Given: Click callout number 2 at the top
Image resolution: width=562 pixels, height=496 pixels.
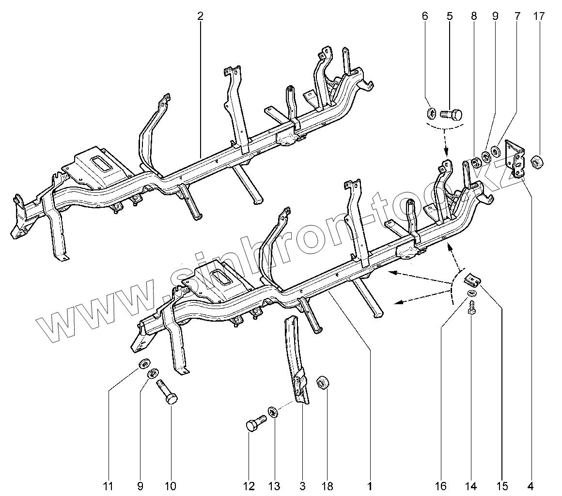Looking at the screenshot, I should click(200, 16).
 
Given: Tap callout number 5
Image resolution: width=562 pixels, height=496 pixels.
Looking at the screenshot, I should click(449, 16).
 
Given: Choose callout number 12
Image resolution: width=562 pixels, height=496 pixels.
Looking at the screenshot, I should click(249, 485).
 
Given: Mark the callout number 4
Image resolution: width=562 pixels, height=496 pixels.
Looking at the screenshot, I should click(531, 485).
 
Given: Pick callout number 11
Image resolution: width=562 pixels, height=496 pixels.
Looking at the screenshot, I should click(108, 485).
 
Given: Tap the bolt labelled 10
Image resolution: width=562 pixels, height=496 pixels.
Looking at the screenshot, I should click(166, 392).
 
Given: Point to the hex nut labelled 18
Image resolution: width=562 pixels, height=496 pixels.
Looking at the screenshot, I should click(322, 383).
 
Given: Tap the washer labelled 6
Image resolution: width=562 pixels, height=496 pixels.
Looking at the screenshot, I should click(432, 114).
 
